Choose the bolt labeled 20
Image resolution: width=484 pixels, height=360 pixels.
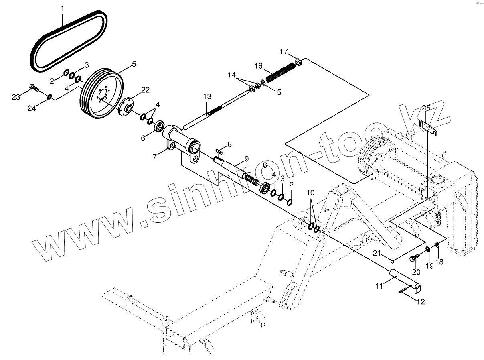pyautogui.click(x=413, y=258)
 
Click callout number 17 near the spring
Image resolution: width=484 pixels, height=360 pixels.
pyautogui.click(x=284, y=51)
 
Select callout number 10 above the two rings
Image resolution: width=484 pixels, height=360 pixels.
pyautogui.click(x=311, y=193)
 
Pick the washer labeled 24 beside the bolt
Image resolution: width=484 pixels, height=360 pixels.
pyautogui.click(x=49, y=96)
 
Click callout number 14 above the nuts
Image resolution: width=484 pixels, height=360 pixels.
pyautogui.click(x=232, y=75)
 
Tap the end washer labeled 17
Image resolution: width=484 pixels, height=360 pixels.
pyautogui.click(x=299, y=62)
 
